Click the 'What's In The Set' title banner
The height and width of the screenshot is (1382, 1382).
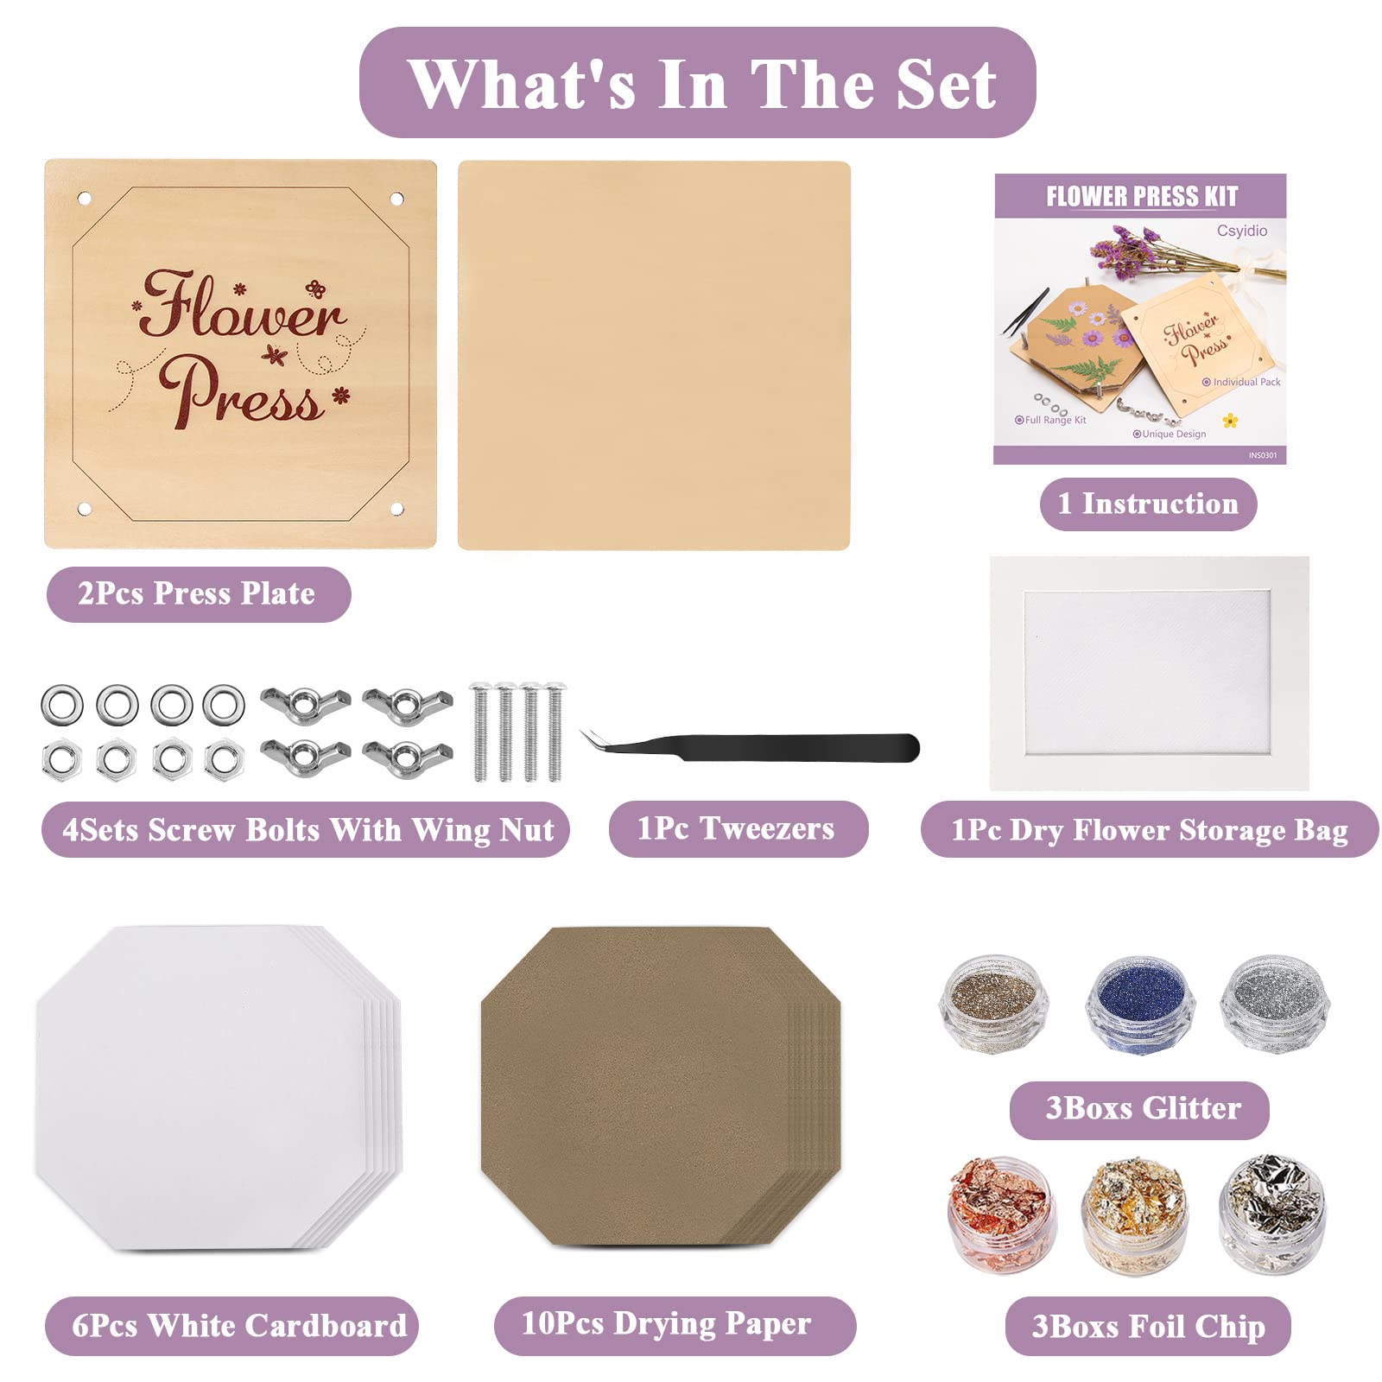coord(697,83)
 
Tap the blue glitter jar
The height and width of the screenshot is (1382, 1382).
coord(1140,1004)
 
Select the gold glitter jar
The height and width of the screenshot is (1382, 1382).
coord(994,1004)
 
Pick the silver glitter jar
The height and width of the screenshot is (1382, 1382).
coord(1275,1004)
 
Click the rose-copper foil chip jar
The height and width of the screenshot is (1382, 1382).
coord(1001,1214)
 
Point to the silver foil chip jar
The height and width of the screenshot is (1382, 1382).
coord(1271,1214)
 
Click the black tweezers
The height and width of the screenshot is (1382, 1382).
coord(749,746)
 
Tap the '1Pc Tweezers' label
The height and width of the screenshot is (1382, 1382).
coord(738,829)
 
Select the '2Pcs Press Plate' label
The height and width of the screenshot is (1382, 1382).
coord(199,594)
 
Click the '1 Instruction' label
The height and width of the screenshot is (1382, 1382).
coord(1148,504)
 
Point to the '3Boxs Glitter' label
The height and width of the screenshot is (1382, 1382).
coord(1139,1109)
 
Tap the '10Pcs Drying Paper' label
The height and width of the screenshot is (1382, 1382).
coord(675,1325)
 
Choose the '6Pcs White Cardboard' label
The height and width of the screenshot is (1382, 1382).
coord(231,1326)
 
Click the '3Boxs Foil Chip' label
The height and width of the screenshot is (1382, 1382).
coord(1148,1326)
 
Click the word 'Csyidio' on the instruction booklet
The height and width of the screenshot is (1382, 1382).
coord(1242,231)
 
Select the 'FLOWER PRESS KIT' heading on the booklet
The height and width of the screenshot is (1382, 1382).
coord(1142,197)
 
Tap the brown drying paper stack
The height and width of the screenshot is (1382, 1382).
coord(661,1087)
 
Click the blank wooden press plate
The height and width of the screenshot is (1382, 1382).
coord(654,355)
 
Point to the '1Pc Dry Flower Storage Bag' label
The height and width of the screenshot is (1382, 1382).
coord(1150,829)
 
